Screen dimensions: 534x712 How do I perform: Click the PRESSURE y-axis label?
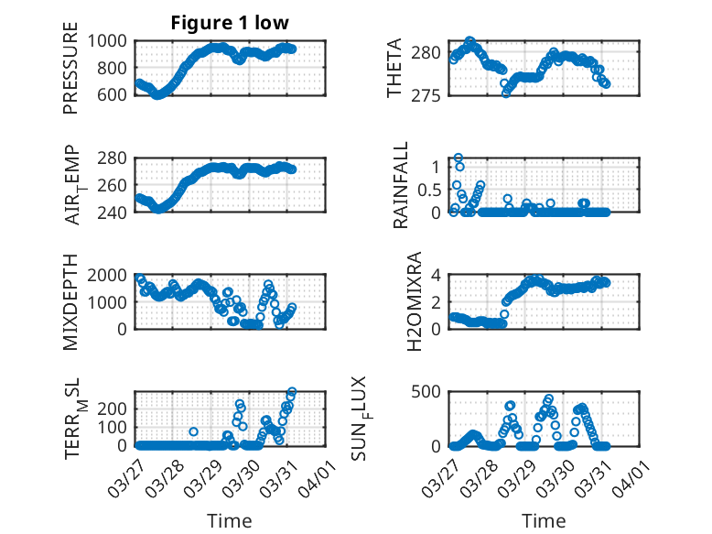pos(71,73)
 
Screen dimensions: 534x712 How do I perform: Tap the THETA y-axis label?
pos(394,68)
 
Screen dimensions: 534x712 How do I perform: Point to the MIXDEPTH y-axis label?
pos(71,302)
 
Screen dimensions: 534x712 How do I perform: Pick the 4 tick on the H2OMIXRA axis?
pos(438,275)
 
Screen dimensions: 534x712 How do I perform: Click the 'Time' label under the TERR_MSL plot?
pos(230,521)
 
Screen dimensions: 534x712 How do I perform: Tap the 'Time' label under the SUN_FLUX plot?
pos(544,521)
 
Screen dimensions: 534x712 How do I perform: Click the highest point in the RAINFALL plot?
pos(458,158)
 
